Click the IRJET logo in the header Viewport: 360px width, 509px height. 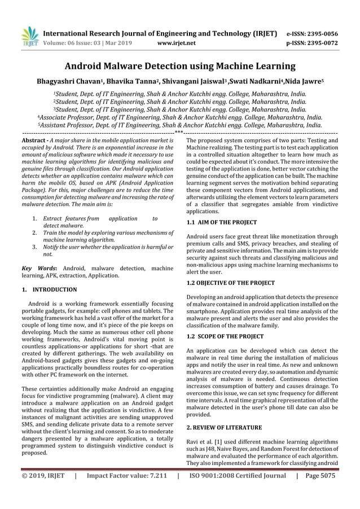(29, 36)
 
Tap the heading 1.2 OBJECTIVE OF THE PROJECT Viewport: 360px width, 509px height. (231, 283)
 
